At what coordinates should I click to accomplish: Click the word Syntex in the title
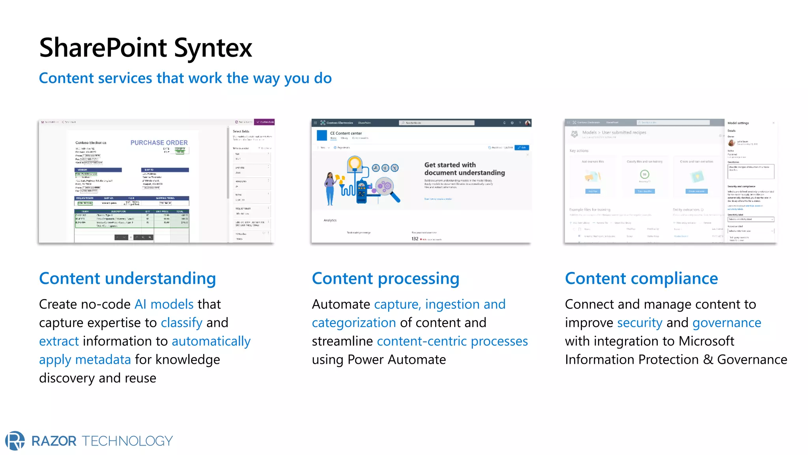point(213,48)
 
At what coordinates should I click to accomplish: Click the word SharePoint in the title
point(103,48)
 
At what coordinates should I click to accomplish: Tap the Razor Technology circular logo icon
point(15,440)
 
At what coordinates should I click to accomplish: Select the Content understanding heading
point(127,278)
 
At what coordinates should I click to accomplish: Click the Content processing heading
point(385,278)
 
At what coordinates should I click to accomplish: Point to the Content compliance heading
point(641,278)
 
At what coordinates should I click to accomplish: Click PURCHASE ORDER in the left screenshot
point(159,143)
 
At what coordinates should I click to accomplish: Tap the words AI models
point(164,304)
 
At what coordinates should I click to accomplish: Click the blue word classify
point(181,323)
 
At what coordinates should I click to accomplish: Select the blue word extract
point(59,341)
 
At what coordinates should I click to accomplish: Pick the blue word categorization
point(353,323)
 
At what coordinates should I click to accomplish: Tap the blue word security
point(640,323)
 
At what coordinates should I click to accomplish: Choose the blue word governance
point(726,323)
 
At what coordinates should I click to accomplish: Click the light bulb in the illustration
point(354,163)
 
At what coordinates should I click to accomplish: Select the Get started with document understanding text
point(464,169)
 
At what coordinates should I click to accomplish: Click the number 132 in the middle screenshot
point(415,239)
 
